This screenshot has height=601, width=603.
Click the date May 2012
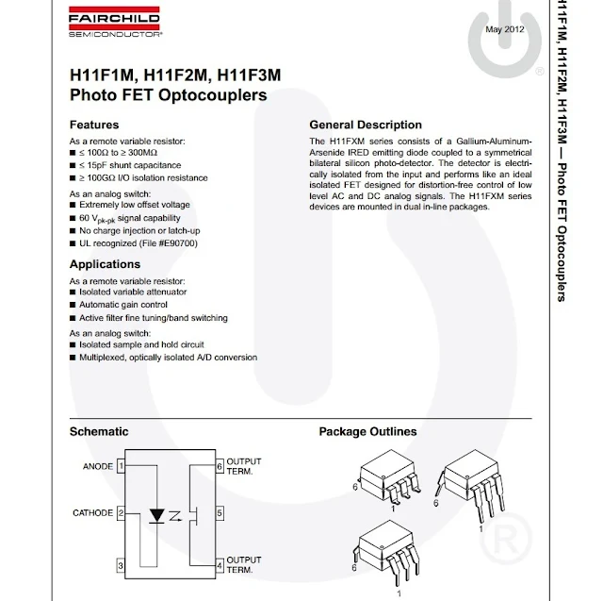(x=504, y=30)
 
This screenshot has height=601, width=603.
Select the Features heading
(x=94, y=125)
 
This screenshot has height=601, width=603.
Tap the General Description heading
(x=366, y=125)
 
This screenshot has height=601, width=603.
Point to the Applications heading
(x=105, y=264)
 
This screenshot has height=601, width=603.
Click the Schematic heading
(x=99, y=431)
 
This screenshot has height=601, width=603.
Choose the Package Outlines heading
(x=367, y=431)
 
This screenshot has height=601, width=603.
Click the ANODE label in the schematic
(x=98, y=465)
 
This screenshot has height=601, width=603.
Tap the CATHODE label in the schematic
(x=92, y=513)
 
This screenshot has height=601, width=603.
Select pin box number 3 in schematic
(x=121, y=565)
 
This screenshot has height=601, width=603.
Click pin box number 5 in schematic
(x=220, y=513)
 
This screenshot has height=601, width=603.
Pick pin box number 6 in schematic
(x=220, y=465)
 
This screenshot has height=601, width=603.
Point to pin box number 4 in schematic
(x=220, y=565)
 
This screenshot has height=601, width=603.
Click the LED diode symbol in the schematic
(x=157, y=515)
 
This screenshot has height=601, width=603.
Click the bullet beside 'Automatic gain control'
(x=73, y=306)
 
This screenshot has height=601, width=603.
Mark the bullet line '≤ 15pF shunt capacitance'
(x=132, y=165)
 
